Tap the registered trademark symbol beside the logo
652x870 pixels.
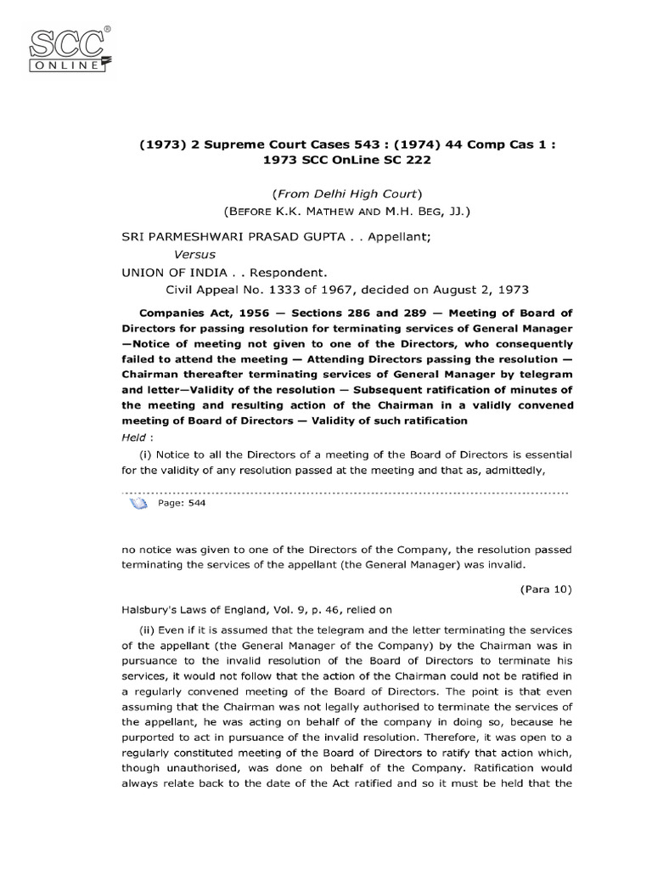click(105, 29)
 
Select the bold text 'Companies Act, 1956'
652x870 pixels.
click(188, 314)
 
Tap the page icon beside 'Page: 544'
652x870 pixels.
click(138, 503)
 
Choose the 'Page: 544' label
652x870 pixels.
click(182, 503)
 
